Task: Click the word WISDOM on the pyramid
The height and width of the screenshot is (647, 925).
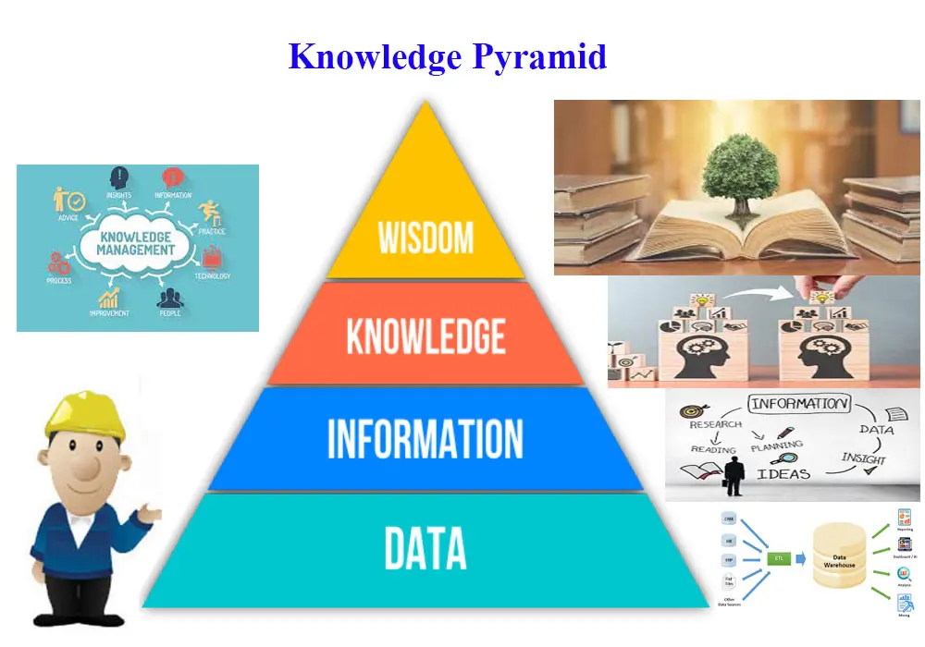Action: pyautogui.click(x=425, y=238)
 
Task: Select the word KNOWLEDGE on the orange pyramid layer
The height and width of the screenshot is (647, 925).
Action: pyautogui.click(x=425, y=336)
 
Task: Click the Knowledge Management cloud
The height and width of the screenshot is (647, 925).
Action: pyautogui.click(x=138, y=244)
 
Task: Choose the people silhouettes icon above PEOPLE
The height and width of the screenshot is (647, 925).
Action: pyautogui.click(x=169, y=298)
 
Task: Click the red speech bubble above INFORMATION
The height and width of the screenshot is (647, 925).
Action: pyautogui.click(x=173, y=177)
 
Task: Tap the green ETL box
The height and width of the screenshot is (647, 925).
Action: pyautogui.click(x=778, y=558)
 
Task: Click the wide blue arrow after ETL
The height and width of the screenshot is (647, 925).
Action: pyautogui.click(x=800, y=558)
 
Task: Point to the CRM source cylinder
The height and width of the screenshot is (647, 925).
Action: pyautogui.click(x=730, y=520)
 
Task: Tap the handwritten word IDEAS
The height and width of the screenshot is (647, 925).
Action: pyautogui.click(x=783, y=474)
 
